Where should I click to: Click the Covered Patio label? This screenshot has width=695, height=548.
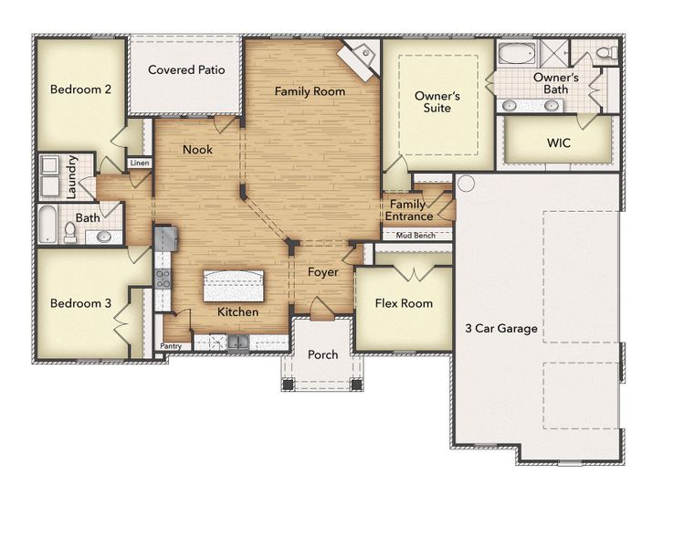(x=186, y=69)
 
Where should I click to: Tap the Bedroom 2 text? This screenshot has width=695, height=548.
(x=80, y=90)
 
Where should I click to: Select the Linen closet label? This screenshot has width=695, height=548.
(x=139, y=163)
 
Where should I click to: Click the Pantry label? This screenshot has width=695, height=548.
(x=171, y=346)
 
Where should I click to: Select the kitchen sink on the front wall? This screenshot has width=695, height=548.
(x=239, y=343)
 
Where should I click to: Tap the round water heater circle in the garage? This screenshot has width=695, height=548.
(x=465, y=183)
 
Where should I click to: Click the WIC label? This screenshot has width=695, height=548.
(x=558, y=143)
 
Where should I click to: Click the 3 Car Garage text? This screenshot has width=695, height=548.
(x=500, y=328)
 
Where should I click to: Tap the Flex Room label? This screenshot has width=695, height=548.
(x=404, y=303)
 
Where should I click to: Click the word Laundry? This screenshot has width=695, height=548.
(x=71, y=177)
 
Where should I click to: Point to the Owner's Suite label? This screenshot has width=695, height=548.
(x=433, y=101)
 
